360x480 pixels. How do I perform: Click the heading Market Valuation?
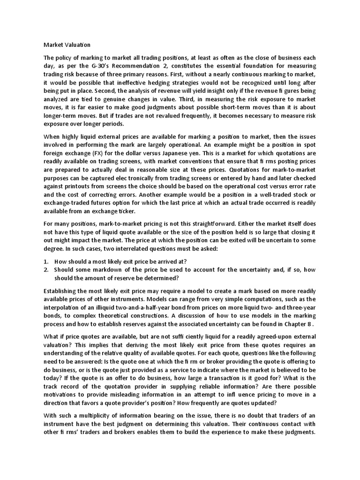click(x=67, y=45)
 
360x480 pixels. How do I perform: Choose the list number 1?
click(x=46, y=261)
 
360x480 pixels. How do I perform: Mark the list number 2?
click(x=46, y=270)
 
